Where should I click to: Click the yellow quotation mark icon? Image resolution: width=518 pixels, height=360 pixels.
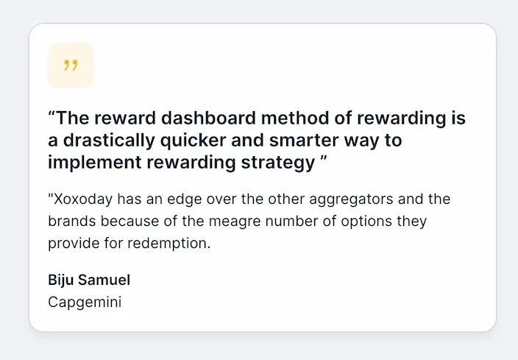coord(71,66)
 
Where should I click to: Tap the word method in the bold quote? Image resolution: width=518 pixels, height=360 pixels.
coord(295,118)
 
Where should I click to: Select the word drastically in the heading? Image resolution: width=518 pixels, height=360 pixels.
coord(109,140)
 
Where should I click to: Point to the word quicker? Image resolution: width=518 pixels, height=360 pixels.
coord(193,140)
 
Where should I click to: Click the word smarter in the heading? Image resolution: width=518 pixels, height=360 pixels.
coord(304,140)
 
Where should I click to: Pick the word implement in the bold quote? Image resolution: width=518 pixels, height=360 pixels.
coord(95,162)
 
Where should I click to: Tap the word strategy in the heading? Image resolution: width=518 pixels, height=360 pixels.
coord(278,163)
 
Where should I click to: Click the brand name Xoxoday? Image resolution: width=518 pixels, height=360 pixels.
coord(83,199)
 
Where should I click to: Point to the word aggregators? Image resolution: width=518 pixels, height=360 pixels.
coord(351,200)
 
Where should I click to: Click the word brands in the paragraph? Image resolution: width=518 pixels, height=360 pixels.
coord(71,221)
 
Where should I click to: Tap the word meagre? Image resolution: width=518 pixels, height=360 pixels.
coord(235,222)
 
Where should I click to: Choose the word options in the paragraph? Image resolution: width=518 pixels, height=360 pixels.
coord(366,222)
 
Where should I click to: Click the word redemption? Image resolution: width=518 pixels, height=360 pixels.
coord(169,243)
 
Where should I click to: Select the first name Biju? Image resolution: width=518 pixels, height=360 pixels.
coord(61,280)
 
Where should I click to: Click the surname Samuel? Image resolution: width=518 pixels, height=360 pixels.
coord(104,280)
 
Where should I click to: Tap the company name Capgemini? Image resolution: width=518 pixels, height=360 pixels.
coord(85,302)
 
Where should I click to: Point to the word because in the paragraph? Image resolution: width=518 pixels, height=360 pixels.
coord(129,221)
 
